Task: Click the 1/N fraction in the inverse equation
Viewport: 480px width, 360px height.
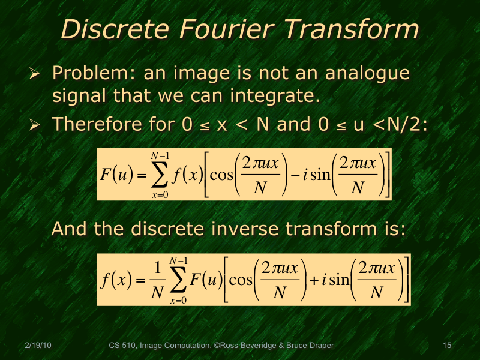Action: (x=157, y=280)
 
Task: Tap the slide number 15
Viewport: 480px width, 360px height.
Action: (x=446, y=345)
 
